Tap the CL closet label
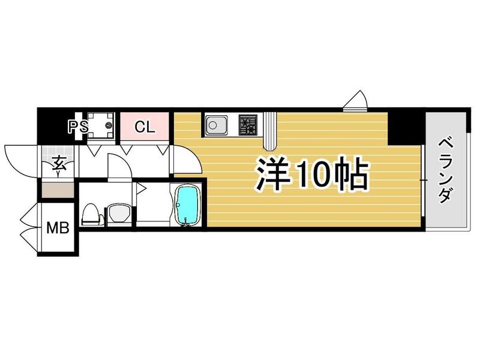[145, 127]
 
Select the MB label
[58, 229]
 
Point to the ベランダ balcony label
[445, 171]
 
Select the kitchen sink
[214, 126]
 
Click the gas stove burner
[247, 125]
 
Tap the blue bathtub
[188, 205]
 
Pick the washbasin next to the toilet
[118, 213]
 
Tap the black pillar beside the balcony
[406, 127]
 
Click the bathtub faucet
[188, 224]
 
